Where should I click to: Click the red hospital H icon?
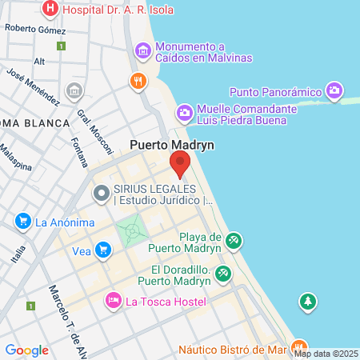50,9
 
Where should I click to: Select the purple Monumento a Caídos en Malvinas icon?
143,52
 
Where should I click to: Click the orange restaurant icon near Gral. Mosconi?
138,81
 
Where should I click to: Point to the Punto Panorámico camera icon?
334,90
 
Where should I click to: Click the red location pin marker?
179,163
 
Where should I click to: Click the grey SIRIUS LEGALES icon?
102,193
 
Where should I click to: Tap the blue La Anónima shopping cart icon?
22,222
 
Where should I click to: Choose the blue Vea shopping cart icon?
102,250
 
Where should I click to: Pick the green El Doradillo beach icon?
225,274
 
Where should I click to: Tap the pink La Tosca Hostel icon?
113,300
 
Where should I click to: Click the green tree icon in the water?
306,302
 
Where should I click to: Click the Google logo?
26,350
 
